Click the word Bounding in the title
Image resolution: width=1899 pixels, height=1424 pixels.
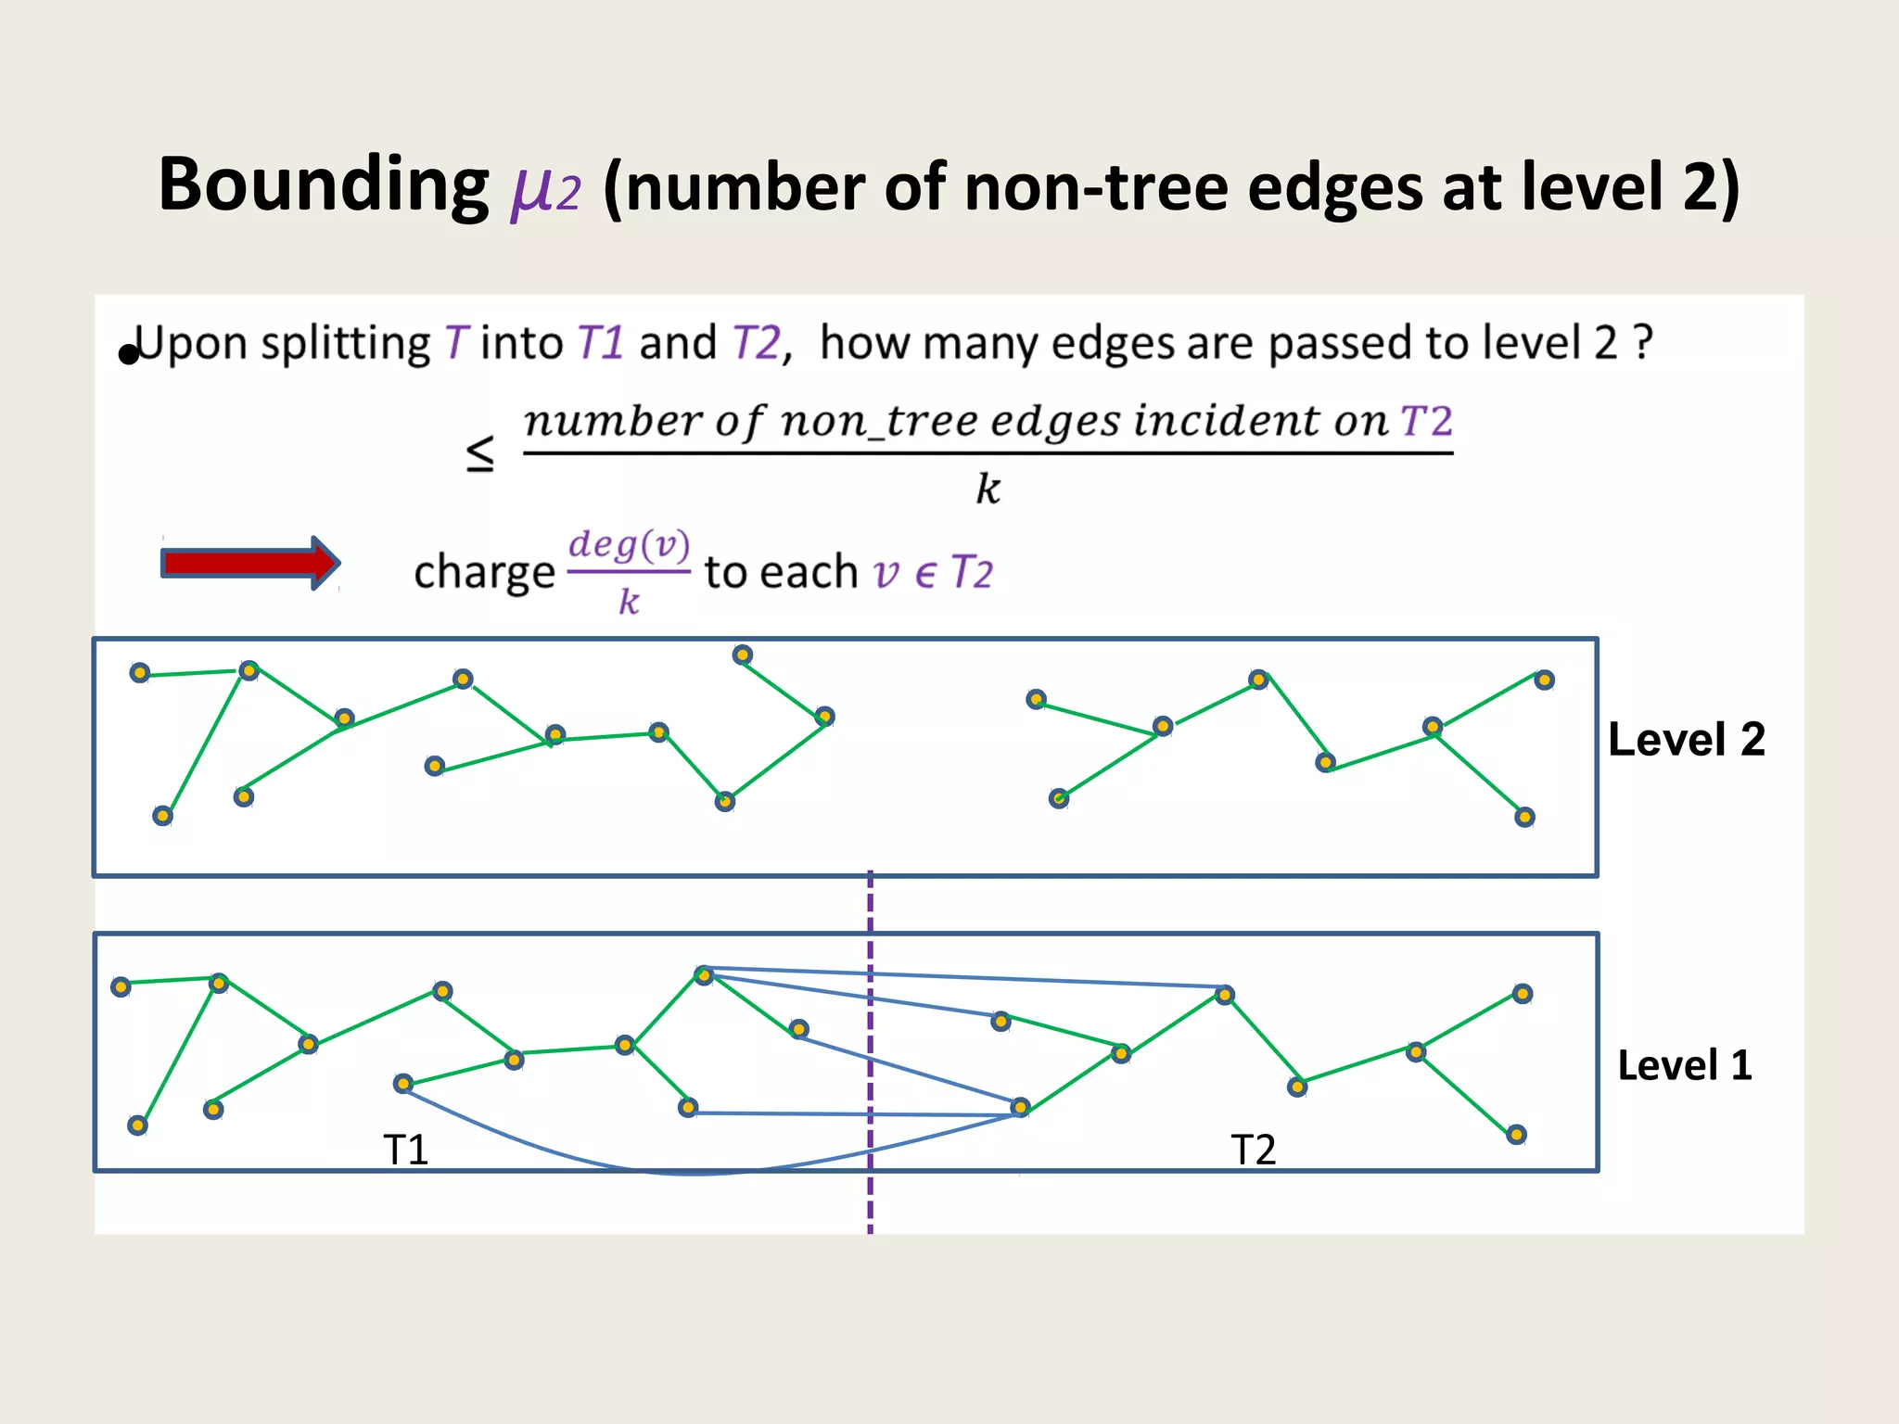pos(323,184)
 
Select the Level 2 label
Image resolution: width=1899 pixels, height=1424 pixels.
pos(1686,740)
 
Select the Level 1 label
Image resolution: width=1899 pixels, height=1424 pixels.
pos(1684,1065)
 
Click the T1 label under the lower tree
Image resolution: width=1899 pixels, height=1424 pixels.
pos(405,1150)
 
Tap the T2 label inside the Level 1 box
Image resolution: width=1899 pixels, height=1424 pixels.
pos(1253,1150)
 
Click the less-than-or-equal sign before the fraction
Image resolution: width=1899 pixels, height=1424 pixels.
pos(479,453)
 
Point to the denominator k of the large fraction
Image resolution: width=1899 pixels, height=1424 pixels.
pos(988,489)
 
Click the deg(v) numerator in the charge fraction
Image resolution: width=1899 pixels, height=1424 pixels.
pos(629,544)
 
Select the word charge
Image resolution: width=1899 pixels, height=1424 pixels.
pos(483,572)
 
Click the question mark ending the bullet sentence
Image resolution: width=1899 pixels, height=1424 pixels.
pos(1642,343)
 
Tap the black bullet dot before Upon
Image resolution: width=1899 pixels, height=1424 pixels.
pos(128,354)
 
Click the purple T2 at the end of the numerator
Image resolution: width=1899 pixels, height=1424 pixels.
pos(1425,422)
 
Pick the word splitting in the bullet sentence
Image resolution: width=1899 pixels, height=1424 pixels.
pos(345,344)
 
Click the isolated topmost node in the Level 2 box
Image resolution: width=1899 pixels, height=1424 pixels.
pos(743,655)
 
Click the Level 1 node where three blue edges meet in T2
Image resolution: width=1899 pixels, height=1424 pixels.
pos(1020,1107)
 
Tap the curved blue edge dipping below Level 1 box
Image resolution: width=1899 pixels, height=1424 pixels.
pos(695,1173)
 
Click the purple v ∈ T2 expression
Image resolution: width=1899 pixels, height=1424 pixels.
pos(932,572)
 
